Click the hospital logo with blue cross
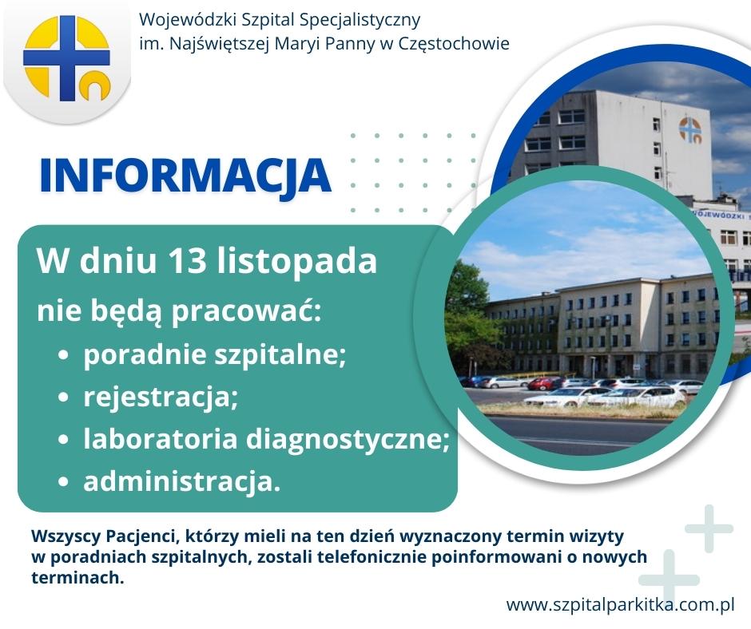[66, 58]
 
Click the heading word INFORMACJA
[185, 175]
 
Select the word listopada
[297, 262]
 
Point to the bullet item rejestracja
[161, 398]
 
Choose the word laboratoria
[160, 438]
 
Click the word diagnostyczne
[348, 440]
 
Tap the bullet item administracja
[181, 481]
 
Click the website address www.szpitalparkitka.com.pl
[620, 604]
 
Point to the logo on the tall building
[690, 130]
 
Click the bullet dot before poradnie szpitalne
[63, 356]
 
